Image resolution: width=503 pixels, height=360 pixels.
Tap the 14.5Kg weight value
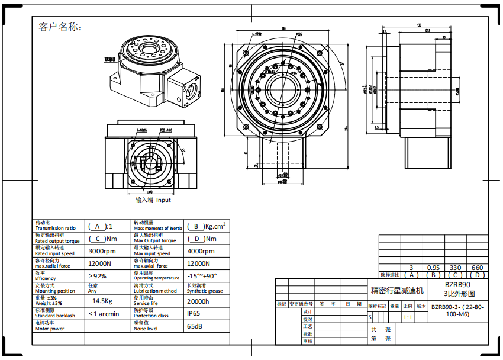coord(102,301)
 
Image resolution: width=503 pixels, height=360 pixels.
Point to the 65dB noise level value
coord(195,326)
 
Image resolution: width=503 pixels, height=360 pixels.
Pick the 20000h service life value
coord(198,301)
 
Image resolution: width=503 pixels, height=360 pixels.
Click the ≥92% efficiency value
coord(98,276)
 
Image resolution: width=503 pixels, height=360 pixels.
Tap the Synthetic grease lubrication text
coord(205,291)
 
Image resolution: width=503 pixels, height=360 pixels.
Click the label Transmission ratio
coord(56,228)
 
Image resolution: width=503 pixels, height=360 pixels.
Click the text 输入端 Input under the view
coord(153,200)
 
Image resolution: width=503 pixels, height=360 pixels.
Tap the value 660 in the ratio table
coord(477,268)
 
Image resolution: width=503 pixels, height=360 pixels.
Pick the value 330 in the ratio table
coord(456,268)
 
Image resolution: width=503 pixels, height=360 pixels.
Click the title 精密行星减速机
coord(398,291)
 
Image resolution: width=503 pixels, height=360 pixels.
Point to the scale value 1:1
coord(408,317)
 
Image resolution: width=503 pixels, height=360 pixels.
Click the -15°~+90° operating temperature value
coord(202,276)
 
